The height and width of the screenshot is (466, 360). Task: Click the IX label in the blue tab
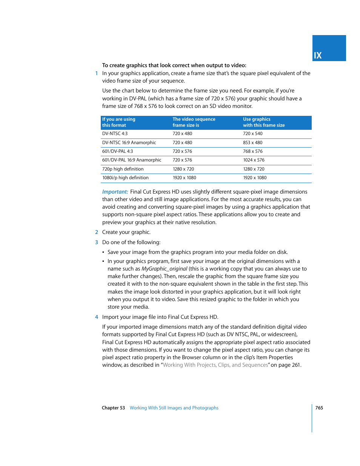318,55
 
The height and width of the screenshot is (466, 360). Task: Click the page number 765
319,408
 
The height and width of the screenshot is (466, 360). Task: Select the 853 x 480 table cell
252,143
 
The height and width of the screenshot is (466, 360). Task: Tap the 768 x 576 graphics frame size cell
252,151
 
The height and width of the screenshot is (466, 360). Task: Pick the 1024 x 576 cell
254,160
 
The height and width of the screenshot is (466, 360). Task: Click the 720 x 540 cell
252,134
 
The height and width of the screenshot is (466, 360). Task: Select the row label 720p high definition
123,169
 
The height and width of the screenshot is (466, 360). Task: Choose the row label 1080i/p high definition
125,178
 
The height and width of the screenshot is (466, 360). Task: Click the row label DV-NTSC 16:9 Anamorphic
129,143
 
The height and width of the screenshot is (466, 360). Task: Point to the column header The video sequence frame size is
194,122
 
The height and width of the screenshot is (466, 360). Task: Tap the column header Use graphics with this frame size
263,122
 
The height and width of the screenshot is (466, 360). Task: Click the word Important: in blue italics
115,192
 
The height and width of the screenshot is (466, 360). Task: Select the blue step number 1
97,74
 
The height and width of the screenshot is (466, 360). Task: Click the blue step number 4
97,317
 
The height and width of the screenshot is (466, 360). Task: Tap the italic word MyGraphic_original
164,269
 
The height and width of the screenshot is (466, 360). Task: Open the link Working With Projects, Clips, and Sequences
215,365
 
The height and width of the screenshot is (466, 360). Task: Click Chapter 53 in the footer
113,408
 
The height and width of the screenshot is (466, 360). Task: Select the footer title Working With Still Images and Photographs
174,408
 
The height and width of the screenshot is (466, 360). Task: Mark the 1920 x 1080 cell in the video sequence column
184,178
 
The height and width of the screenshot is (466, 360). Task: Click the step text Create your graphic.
126,232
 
